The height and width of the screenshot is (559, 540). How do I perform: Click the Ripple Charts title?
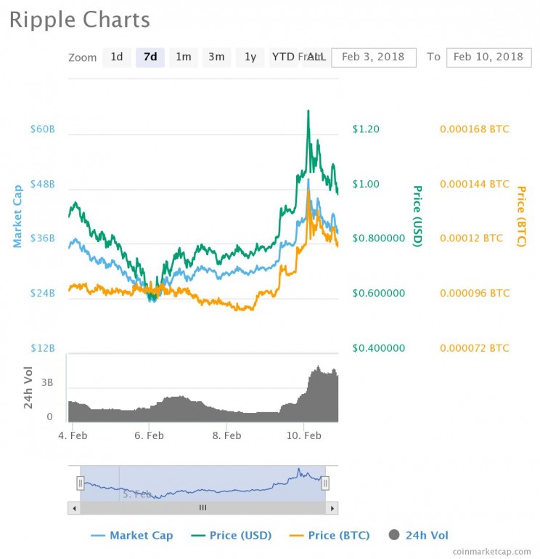tap(80, 20)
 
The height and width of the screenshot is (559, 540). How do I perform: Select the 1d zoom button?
tap(116, 57)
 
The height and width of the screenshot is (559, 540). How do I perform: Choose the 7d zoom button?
tap(150, 57)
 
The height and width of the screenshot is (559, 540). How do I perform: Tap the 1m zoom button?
tap(184, 57)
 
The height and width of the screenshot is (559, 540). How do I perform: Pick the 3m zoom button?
tap(216, 57)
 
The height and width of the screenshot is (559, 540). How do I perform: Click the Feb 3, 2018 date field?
tap(373, 57)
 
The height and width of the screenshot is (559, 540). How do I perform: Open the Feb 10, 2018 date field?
tap(488, 57)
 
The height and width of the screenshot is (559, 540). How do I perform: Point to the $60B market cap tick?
tap(42, 129)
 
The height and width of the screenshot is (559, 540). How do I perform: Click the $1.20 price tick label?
tap(366, 129)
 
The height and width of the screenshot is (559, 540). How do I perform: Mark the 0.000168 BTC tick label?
tap(474, 129)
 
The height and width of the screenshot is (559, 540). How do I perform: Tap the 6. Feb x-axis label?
tap(149, 435)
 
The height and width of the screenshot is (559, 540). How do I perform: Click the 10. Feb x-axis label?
tap(303, 435)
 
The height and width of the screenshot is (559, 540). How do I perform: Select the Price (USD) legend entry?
tap(232, 536)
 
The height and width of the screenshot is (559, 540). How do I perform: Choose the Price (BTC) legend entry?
tap(330, 536)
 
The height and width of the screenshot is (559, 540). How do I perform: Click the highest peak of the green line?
tap(308, 111)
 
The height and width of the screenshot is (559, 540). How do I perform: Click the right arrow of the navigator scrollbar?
tap(332, 507)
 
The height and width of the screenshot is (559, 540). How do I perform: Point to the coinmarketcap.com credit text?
tap(491, 552)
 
